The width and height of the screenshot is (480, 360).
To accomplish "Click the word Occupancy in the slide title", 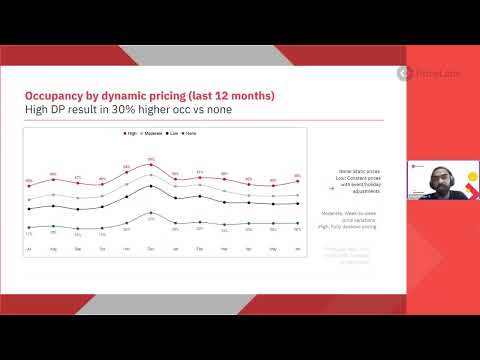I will click(54, 96).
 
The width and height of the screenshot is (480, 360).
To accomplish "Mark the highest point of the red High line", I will click(151, 164).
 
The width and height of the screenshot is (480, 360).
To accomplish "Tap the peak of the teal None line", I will click(151, 213).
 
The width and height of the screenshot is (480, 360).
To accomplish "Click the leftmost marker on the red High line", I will click(29, 184).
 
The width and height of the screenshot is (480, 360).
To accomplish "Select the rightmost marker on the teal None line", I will click(297, 223).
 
